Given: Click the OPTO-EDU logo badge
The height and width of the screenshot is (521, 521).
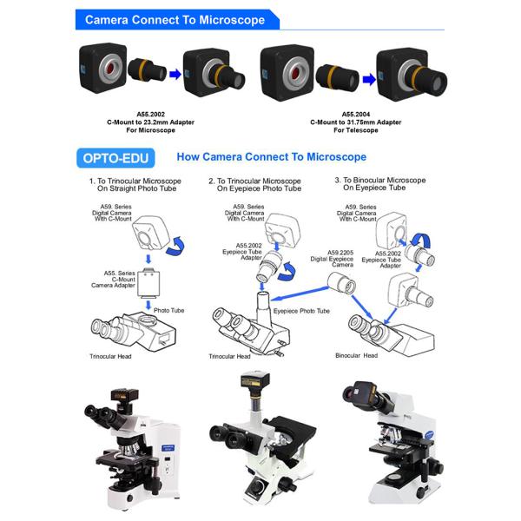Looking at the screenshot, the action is point(115,158).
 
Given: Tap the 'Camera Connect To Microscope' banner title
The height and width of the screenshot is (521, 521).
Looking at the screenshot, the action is point(175,20).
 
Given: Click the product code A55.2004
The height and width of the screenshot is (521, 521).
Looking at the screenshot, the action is point(355,115).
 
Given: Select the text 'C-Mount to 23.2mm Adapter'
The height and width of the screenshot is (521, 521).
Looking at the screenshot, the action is point(150,122).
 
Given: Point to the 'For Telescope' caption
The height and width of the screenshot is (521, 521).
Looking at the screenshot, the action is point(355,130).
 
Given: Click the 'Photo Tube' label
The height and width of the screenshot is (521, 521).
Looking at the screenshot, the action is point(168,310).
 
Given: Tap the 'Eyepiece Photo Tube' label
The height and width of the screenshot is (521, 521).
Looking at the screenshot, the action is point(301,311).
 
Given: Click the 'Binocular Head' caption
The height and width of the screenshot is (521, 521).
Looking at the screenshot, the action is point(357,355).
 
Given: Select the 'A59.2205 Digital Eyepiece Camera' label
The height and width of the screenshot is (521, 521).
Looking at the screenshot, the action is point(332,259).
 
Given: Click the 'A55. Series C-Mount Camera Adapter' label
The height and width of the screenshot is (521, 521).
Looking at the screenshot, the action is point(113,279).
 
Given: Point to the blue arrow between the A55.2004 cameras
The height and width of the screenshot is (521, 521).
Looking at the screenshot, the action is point(369,80).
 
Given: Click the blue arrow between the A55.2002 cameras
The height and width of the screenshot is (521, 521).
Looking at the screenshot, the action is point(175,75).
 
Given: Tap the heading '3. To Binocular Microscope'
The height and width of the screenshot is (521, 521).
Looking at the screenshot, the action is point(380,180).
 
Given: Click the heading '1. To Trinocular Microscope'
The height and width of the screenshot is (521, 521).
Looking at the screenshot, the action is point(135,181).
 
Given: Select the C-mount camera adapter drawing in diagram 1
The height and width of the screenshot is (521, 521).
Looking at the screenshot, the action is point(148,281).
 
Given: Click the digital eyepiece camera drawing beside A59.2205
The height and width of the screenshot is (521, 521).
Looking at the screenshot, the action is point(341,283).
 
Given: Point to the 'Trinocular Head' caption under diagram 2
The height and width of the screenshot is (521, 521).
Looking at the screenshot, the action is point(229,357).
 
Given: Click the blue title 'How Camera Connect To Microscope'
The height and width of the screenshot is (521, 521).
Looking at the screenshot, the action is point(272,157).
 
